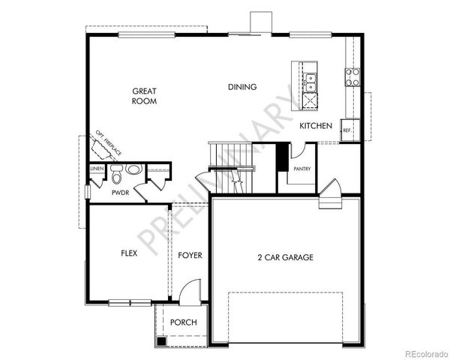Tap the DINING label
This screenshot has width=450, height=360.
pyautogui.click(x=242, y=87)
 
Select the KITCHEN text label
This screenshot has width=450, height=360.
pyautogui.click(x=316, y=126)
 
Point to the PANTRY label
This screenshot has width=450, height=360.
pyautogui.click(x=302, y=169)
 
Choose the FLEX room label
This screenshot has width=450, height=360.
pyautogui.click(x=129, y=253)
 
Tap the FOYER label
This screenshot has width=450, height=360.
pyautogui.click(x=190, y=256)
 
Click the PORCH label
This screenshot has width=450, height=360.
pyautogui.click(x=183, y=322)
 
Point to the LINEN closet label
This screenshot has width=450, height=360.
pyautogui.click(x=97, y=169)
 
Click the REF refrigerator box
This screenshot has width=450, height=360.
pyautogui.click(x=346, y=130)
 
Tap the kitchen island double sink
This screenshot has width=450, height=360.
pyautogui.click(x=310, y=77)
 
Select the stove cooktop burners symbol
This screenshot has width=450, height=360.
pyautogui.click(x=352, y=76)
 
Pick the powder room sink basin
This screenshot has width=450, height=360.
pyautogui.click(x=133, y=169)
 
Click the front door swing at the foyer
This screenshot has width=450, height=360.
pyautogui.click(x=193, y=291)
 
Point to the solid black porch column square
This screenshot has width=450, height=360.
pyautogui.click(x=161, y=340)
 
